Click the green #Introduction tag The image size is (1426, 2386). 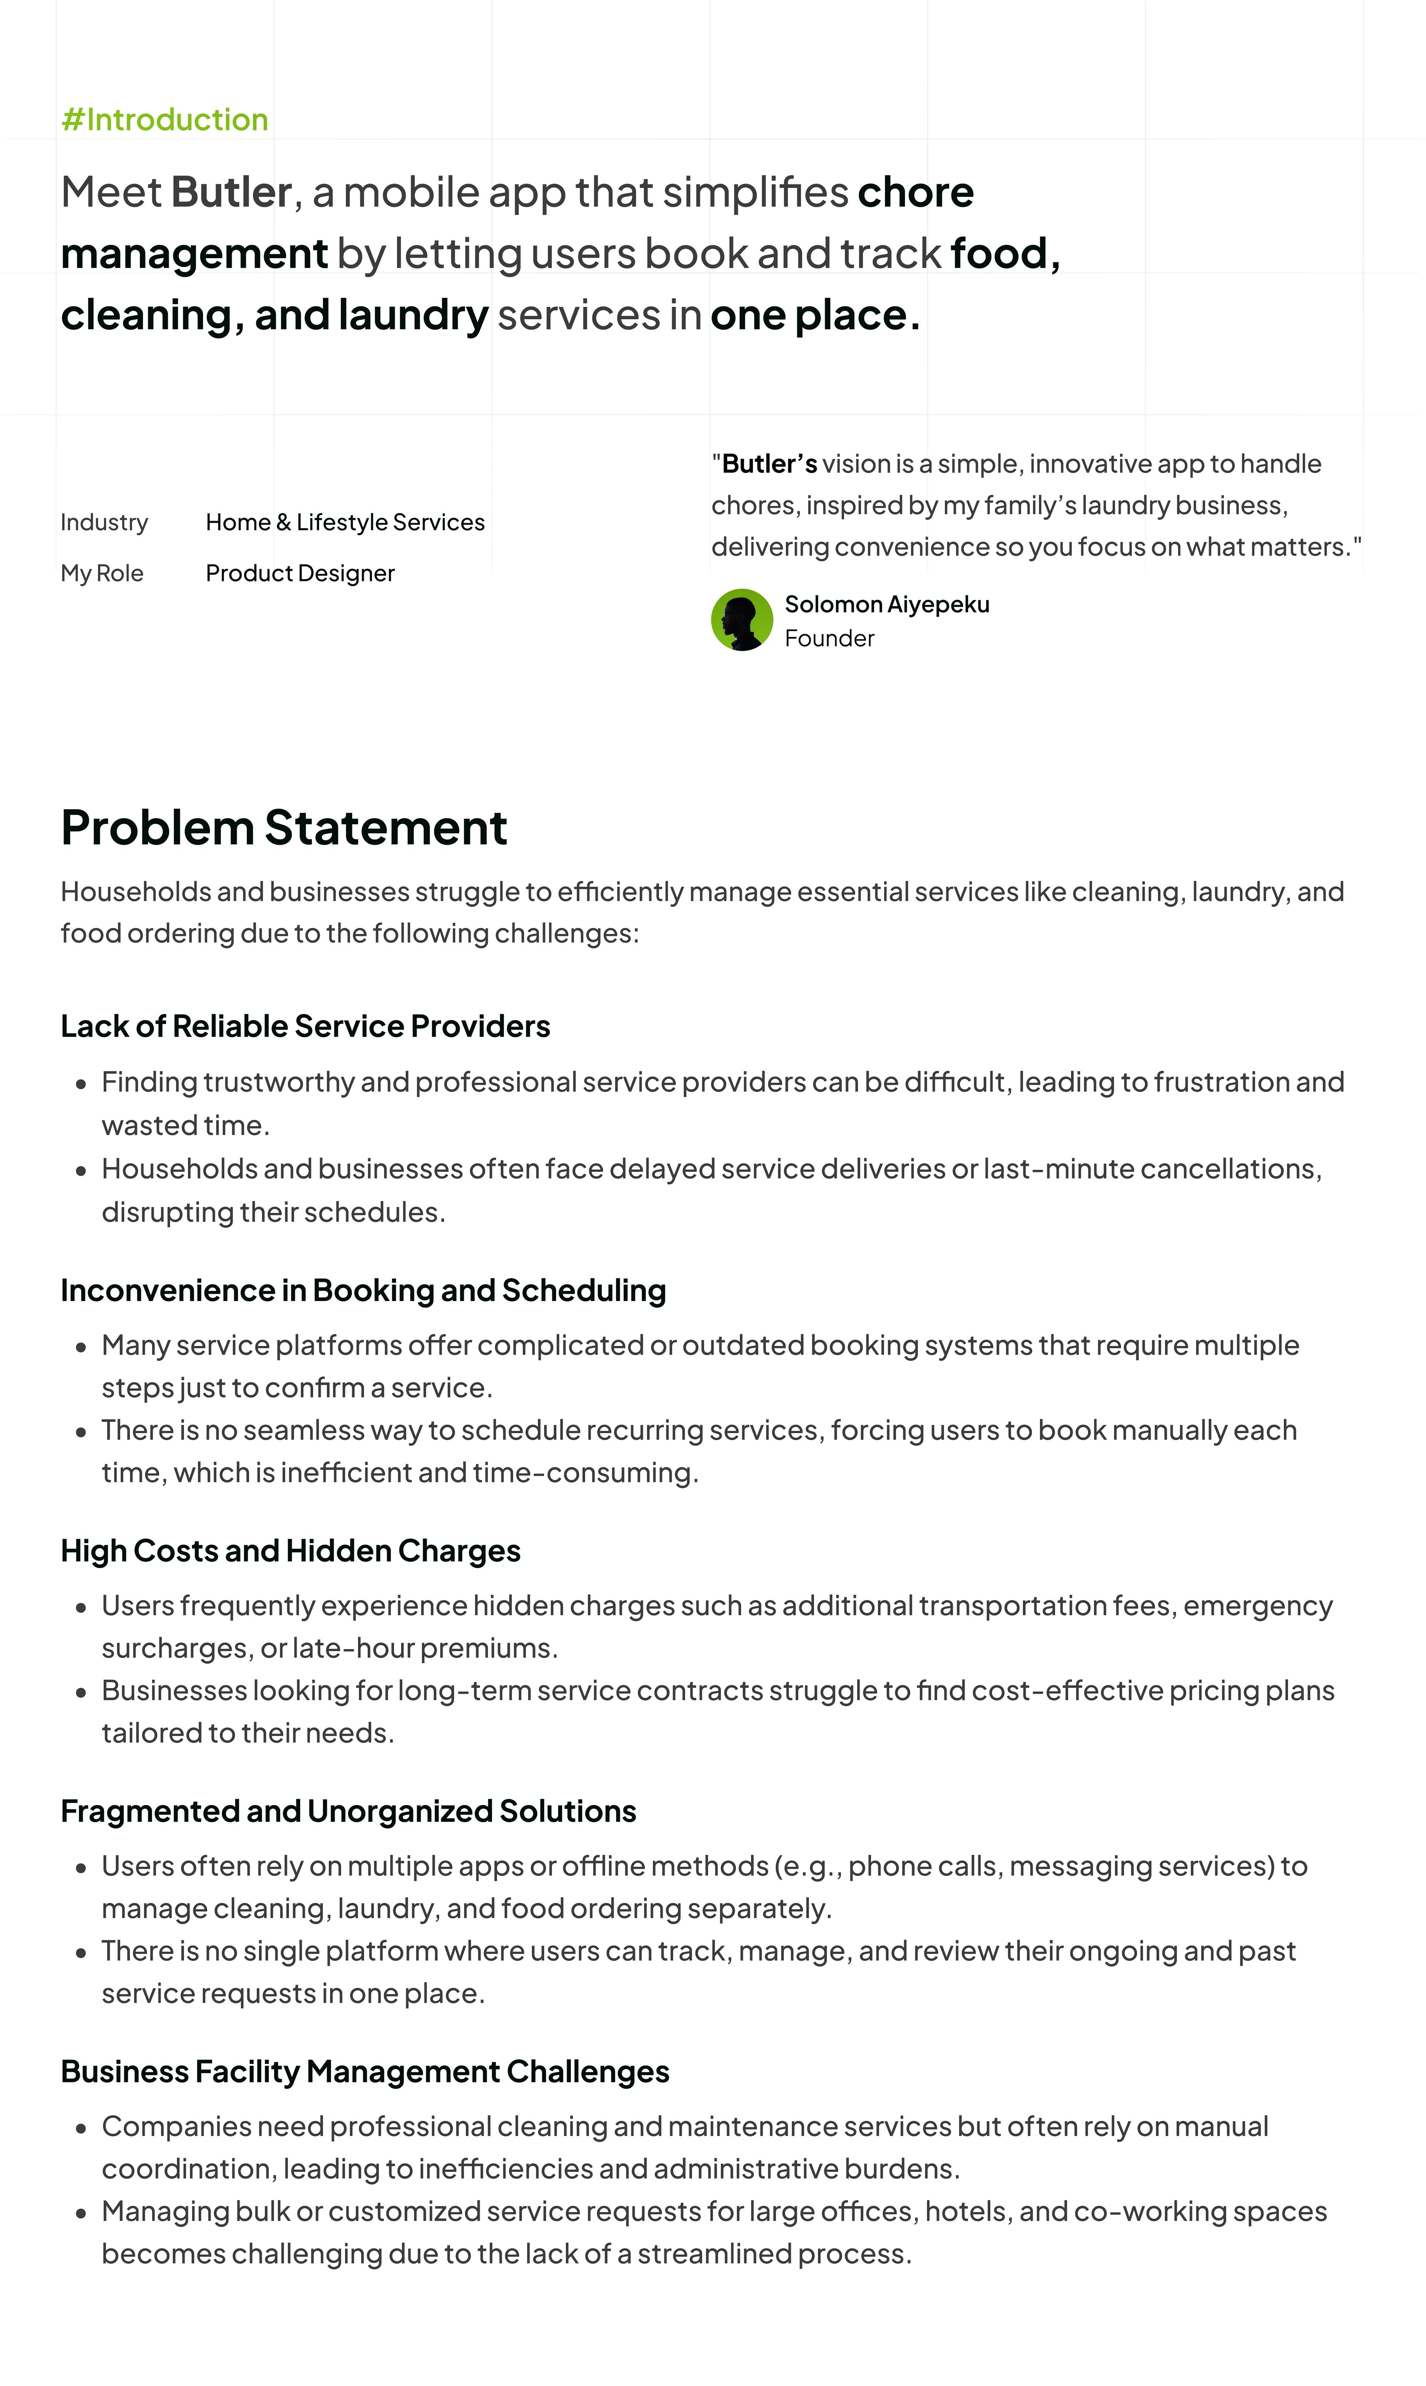164,120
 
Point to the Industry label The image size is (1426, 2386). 104,523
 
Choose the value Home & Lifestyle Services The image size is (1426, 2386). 345,523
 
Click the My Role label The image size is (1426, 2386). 102,574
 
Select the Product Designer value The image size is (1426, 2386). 300,574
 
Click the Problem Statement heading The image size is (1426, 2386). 283,828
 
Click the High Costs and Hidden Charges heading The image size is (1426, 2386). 290,1551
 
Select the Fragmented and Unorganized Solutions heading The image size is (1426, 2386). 348,1811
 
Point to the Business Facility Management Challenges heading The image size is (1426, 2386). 364,2072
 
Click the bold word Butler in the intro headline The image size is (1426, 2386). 231,192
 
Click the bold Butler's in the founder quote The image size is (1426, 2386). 769,464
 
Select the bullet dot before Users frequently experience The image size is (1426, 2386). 82,1608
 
